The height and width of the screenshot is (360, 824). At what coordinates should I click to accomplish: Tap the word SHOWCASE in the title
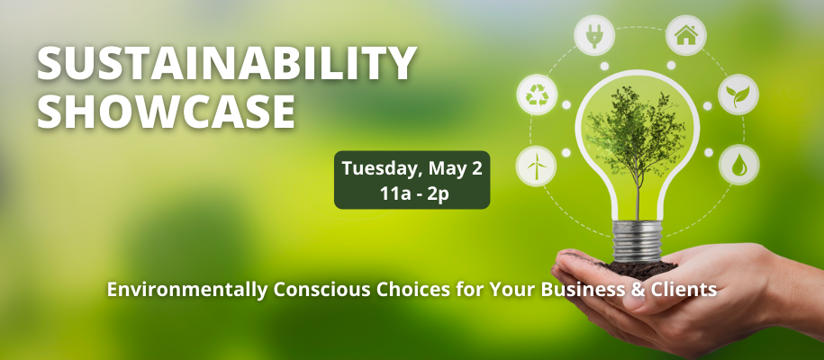tap(166, 111)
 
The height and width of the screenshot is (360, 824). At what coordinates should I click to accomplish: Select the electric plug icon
tap(594, 35)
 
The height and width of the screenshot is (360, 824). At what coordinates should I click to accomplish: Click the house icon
tap(686, 35)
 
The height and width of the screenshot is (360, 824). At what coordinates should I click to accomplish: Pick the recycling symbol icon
tap(537, 95)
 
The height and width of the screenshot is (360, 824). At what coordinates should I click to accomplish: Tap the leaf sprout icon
tap(738, 94)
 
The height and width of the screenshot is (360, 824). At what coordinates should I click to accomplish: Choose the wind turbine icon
tap(536, 166)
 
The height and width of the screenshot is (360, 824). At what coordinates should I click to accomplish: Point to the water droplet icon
tap(738, 165)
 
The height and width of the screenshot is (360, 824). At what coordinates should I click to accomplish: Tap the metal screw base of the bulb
tap(638, 240)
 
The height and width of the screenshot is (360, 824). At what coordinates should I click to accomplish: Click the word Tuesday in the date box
tap(383, 169)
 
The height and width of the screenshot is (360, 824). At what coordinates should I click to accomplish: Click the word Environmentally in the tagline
tap(186, 290)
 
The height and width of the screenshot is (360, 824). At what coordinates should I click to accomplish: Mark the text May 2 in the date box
tap(455, 169)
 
